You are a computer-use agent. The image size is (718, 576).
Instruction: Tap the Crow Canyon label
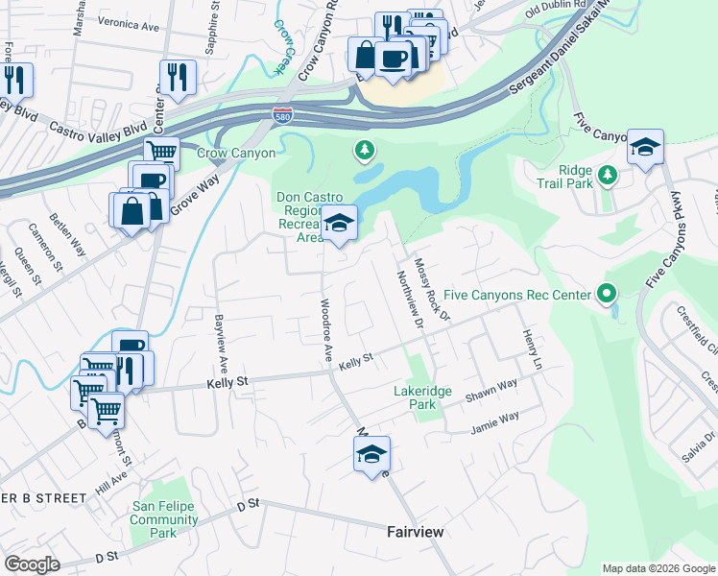click(x=236, y=153)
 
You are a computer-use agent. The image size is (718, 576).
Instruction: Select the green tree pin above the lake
click(x=364, y=150)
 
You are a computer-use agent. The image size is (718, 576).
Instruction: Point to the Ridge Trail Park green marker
click(x=607, y=175)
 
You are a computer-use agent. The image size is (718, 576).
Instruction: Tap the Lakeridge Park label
click(x=415, y=398)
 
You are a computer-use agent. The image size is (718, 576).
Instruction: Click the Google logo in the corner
click(x=32, y=564)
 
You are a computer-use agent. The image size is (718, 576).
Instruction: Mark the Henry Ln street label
click(x=532, y=349)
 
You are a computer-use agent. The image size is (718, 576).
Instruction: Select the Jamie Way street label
click(x=494, y=420)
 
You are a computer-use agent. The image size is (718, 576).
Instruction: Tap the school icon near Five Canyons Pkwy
click(x=645, y=148)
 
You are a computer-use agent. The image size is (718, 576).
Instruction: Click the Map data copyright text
click(x=658, y=568)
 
